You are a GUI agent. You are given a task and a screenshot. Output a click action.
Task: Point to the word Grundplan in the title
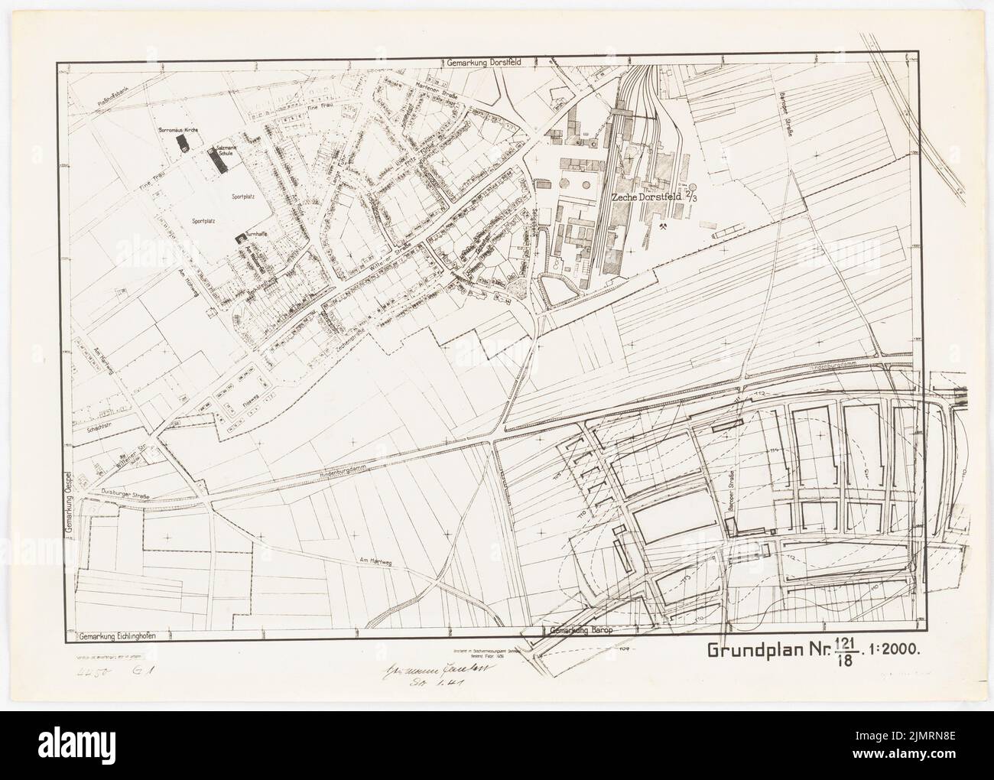pyautogui.click(x=755, y=652)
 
